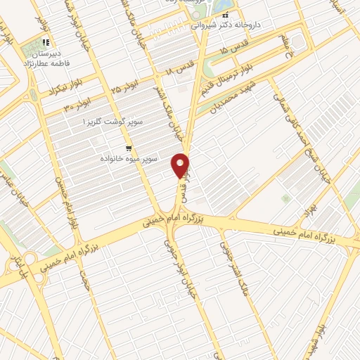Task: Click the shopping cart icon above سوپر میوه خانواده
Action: click(x=129, y=148)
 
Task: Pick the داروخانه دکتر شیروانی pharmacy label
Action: click(x=226, y=24)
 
